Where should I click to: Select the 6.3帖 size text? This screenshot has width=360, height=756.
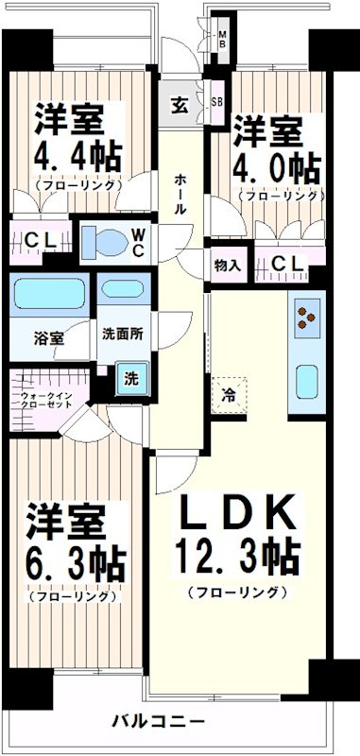[75, 564]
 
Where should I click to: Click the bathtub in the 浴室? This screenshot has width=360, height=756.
[49, 294]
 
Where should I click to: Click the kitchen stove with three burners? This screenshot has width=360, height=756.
[308, 318]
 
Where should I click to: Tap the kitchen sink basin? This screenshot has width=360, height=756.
[308, 382]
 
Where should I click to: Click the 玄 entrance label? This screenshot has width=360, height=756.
[179, 105]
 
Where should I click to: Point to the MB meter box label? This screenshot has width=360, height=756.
[222, 39]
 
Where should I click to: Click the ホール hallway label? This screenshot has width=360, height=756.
[179, 194]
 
